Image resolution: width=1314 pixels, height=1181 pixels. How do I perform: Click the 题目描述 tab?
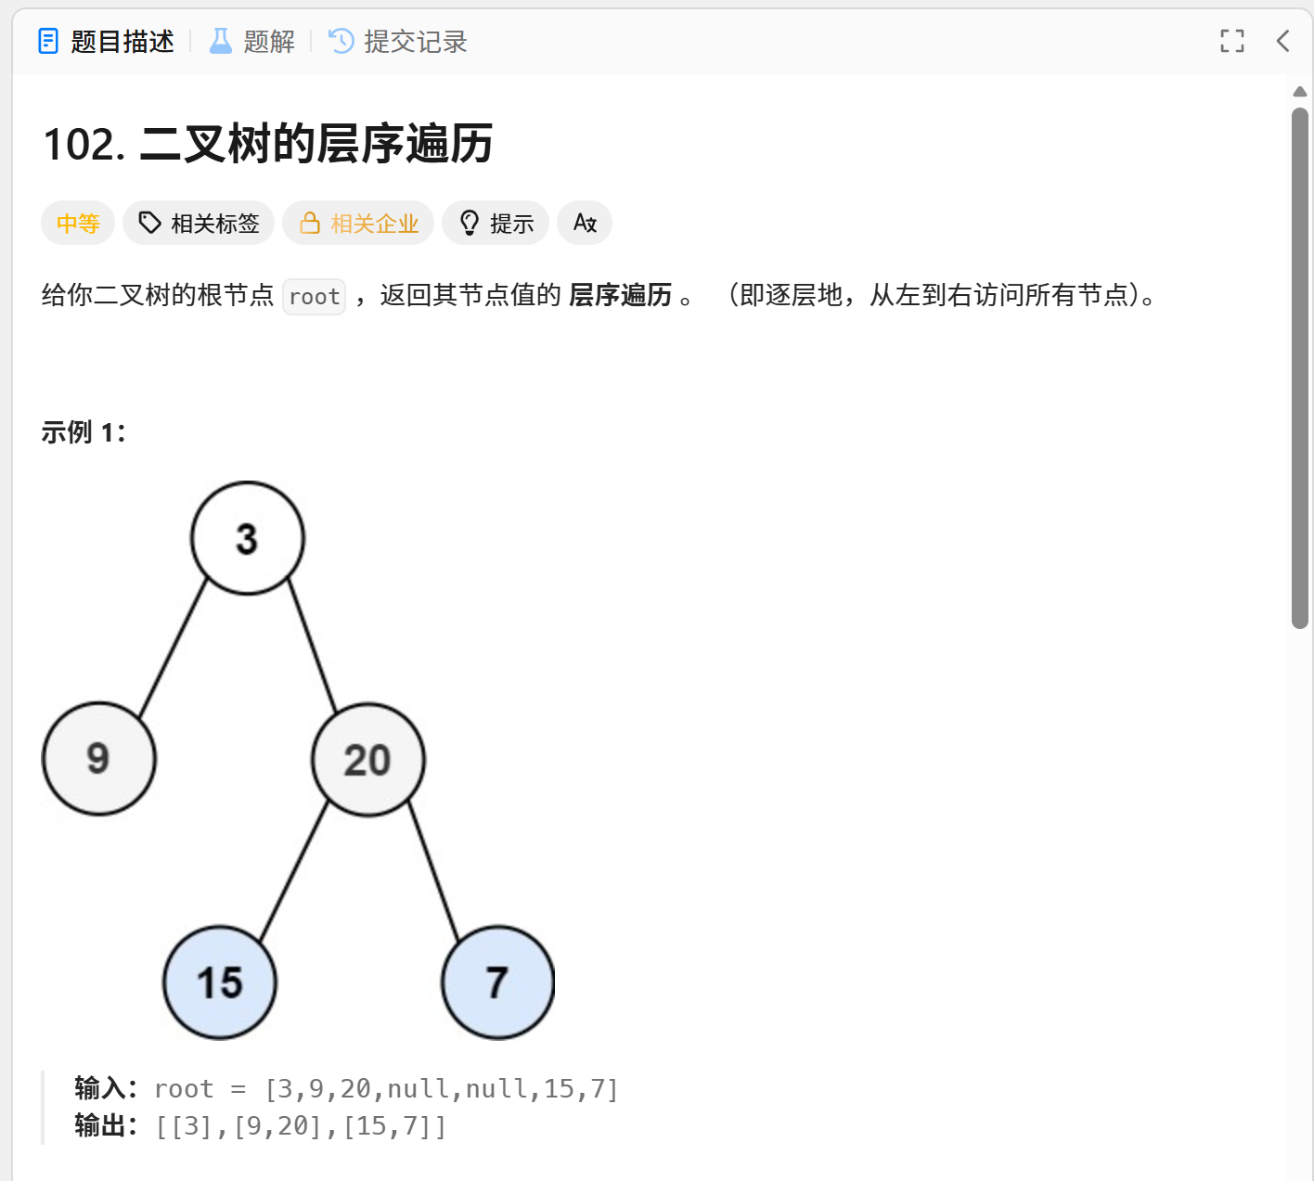[107, 42]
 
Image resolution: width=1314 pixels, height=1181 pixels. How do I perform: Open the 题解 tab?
[252, 42]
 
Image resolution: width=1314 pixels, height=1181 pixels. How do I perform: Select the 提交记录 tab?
[399, 42]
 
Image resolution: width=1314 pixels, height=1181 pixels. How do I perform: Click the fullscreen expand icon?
[1231, 41]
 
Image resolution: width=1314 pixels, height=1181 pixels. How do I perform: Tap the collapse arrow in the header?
[1283, 41]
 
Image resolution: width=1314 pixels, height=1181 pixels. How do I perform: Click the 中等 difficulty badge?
[78, 224]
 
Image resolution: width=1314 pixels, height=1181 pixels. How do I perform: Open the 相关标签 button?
[199, 224]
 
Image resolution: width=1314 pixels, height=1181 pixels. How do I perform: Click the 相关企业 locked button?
[358, 224]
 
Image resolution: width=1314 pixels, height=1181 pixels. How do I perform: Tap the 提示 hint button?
[496, 224]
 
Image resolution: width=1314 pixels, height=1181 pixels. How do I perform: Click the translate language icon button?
[585, 224]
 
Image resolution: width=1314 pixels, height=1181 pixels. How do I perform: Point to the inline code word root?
[315, 297]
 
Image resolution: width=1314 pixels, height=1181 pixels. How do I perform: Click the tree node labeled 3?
[248, 538]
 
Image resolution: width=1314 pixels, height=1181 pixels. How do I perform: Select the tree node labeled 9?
[99, 759]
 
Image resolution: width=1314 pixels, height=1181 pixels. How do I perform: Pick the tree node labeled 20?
[368, 760]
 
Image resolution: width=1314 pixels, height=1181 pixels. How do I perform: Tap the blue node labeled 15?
[220, 982]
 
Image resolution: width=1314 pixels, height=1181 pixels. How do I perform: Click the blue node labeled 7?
[498, 982]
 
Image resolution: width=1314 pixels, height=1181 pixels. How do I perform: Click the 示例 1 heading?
[84, 432]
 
